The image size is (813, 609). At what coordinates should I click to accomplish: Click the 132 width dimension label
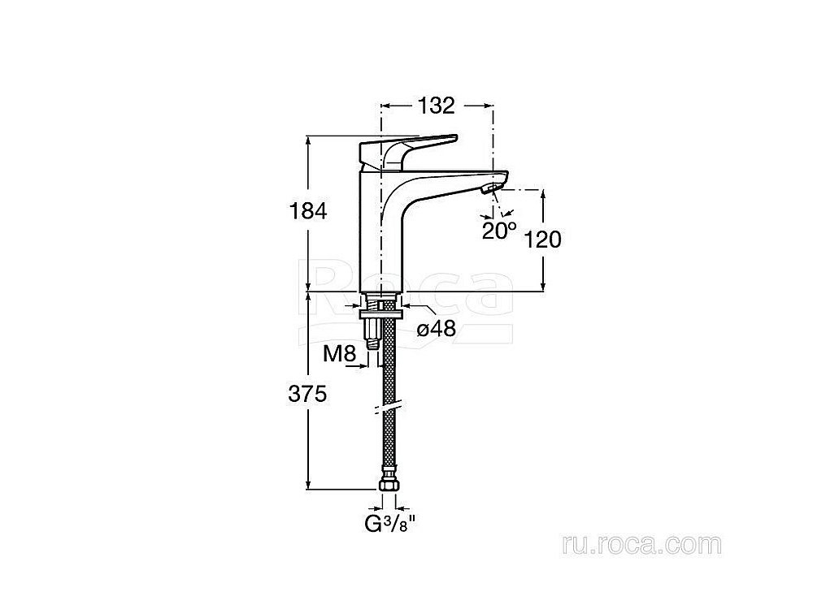pos(436,105)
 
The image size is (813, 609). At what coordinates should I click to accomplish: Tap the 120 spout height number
pos(544,239)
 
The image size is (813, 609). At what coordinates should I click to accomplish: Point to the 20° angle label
pos(499,230)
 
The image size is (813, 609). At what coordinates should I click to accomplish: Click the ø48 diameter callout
pos(435,328)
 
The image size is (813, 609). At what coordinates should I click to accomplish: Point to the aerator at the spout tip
pos(489,190)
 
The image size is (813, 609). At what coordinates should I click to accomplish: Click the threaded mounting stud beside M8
pos(372,329)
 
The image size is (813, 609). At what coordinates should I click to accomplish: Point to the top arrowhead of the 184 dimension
pos(308,140)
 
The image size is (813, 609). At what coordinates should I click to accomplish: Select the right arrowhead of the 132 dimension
pos(488,105)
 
